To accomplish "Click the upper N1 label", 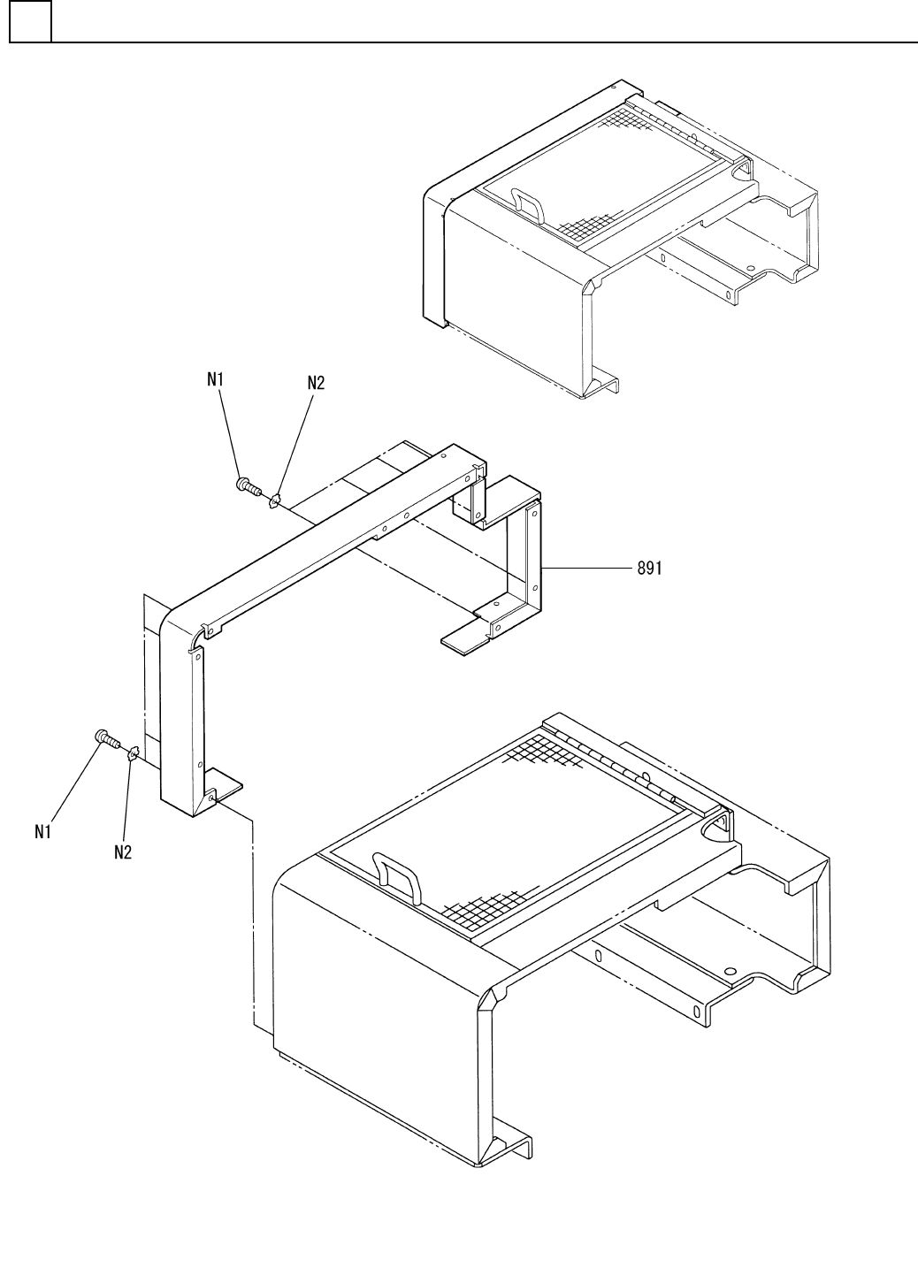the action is pos(216,379).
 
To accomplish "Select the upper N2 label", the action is pos(316,383).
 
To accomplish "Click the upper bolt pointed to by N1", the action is pos(248,485).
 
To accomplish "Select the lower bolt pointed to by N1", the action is pos(106,737).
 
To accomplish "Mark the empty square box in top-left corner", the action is pos(30,22).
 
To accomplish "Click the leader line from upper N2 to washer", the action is pos(297,441).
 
